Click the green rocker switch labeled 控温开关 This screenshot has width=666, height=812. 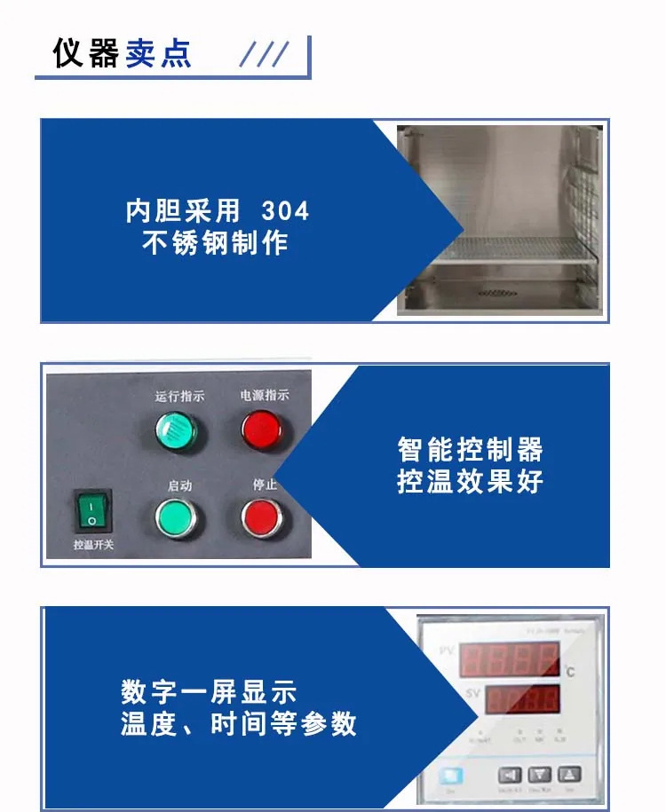click(x=91, y=512)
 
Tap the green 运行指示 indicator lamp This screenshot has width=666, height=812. click(x=176, y=430)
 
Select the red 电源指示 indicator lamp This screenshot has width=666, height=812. click(x=263, y=430)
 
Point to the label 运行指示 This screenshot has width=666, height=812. click(x=179, y=396)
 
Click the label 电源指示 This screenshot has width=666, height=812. click(x=265, y=395)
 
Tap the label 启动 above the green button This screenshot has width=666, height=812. click(x=179, y=485)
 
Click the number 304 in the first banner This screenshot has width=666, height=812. click(x=285, y=211)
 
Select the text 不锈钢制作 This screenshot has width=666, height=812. click(x=216, y=242)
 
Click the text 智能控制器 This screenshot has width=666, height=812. click(x=470, y=449)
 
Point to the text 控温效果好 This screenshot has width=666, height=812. click(x=470, y=481)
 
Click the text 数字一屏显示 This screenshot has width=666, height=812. click(x=209, y=692)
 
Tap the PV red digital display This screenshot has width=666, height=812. click(x=510, y=660)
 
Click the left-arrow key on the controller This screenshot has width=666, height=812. click(x=509, y=774)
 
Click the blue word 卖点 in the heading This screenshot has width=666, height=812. click(x=158, y=53)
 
